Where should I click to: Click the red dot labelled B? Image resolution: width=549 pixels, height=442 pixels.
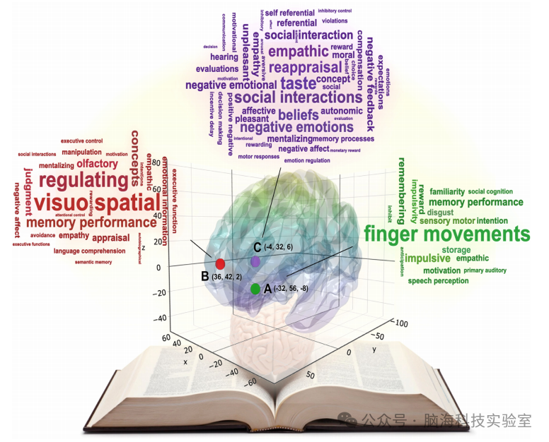tap(220, 263)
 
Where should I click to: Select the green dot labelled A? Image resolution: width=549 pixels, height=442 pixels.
tap(255, 289)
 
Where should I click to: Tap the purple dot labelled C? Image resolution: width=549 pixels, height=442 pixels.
tap(255, 261)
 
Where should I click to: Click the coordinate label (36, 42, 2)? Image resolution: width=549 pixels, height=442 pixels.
tap(227, 277)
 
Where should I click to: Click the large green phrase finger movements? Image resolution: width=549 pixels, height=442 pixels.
tap(446, 234)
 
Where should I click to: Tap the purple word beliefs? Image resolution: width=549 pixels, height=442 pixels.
tap(299, 114)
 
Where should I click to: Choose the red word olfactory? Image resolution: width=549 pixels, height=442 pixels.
tap(98, 164)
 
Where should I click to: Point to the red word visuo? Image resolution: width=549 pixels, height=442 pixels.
tap(62, 203)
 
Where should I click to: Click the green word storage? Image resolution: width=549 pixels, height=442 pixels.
tap(456, 250)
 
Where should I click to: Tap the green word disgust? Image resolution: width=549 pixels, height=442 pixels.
tap(441, 212)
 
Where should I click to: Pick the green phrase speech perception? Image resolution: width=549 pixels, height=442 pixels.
tap(438, 281)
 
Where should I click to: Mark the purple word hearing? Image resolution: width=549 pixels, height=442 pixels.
tap(224, 56)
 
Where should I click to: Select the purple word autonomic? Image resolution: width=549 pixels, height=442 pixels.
tap(341, 111)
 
